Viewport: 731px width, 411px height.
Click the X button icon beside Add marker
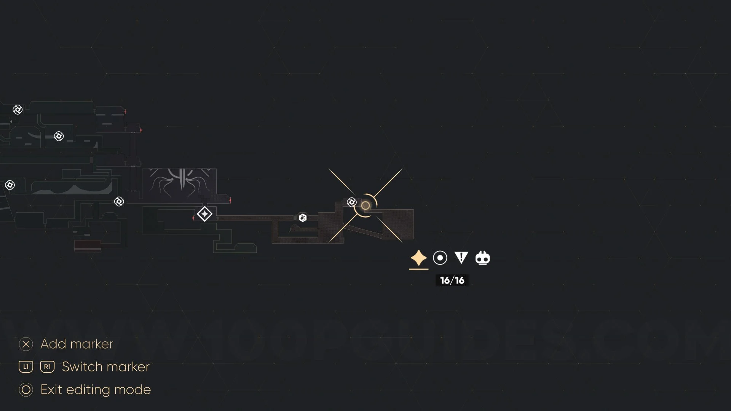[x=26, y=344]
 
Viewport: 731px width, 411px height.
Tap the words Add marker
[x=77, y=344]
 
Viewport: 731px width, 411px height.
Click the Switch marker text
[x=105, y=367]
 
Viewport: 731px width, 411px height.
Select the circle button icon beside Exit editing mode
[x=26, y=390]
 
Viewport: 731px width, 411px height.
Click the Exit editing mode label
[x=96, y=390]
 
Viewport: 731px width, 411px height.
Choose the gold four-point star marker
[x=418, y=258]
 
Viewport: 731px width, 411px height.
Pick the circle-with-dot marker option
[x=440, y=258]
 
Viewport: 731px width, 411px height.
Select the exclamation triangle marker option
[x=461, y=258]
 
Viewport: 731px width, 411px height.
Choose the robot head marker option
[x=482, y=258]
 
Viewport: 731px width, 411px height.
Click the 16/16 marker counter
[x=452, y=280]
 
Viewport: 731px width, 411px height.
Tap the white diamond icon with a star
[x=205, y=214]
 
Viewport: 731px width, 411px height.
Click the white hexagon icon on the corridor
[x=303, y=218]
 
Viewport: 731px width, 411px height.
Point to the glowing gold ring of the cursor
[x=365, y=206]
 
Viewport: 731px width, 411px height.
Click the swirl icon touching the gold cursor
[x=351, y=202]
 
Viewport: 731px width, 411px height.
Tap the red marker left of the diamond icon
[x=193, y=218]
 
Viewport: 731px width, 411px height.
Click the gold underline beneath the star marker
[x=418, y=269]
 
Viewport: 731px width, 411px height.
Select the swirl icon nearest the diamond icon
[x=119, y=201]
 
